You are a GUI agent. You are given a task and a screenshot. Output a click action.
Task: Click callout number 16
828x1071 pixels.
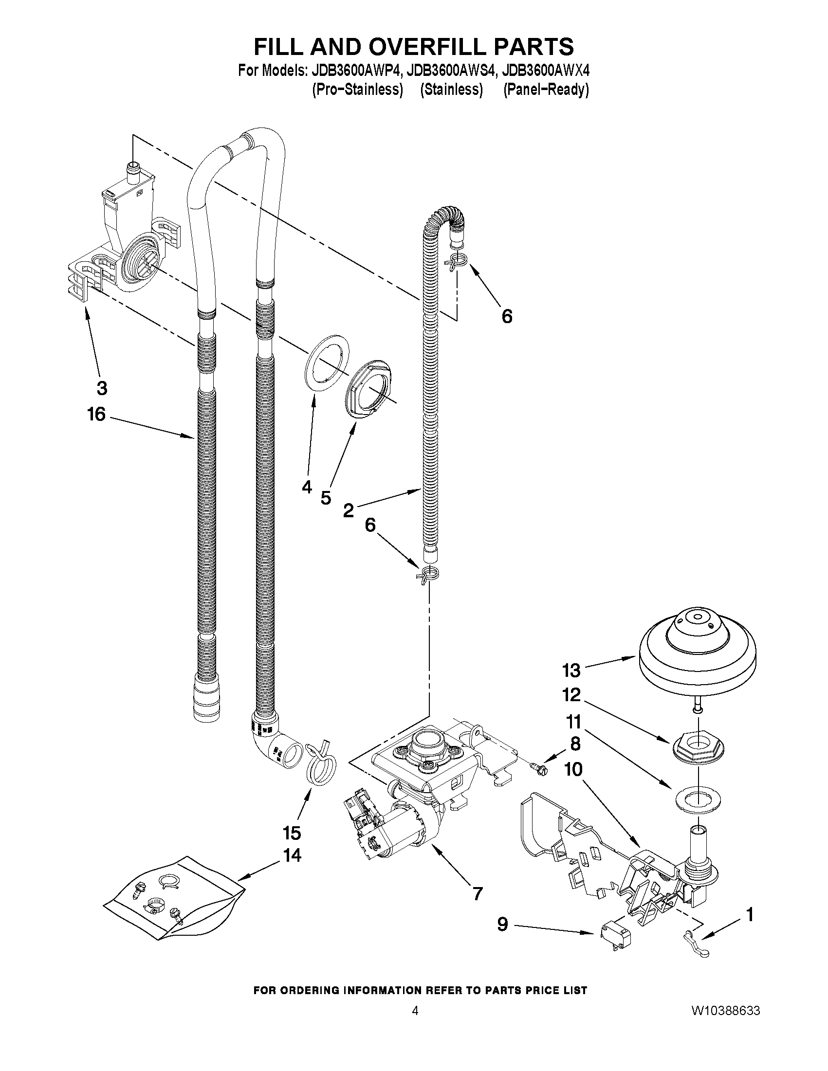coord(96,415)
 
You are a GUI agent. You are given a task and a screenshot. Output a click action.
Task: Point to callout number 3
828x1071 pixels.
coord(102,388)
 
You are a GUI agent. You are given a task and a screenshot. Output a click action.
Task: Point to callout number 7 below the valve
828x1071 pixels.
coord(477,893)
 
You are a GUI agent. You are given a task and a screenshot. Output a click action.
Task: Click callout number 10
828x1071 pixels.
coord(573,769)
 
